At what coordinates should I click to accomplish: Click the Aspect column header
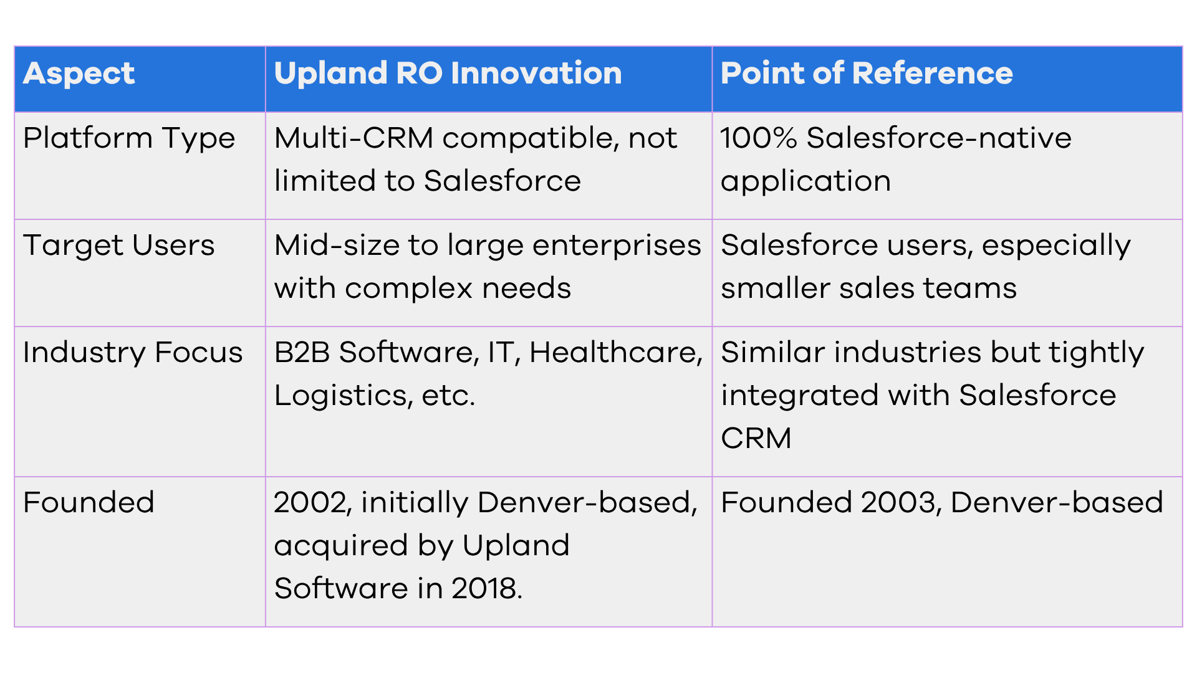coord(79,74)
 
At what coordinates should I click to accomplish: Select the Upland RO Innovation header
coord(448,73)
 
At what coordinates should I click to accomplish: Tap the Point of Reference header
coord(867,73)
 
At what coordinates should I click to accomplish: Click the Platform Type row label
coord(129,139)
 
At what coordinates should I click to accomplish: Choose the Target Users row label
coord(119,246)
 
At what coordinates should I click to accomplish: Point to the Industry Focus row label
coord(133,353)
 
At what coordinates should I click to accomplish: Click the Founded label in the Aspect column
coord(89,502)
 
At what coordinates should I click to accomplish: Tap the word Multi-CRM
coord(353,138)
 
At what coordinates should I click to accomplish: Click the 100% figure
coord(758,138)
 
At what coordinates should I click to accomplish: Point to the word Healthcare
coord(616,353)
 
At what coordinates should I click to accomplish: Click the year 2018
coord(487,589)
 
